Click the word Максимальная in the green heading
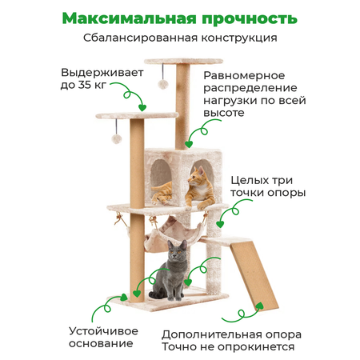[x=130, y=18]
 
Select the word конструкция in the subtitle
[x=239, y=38]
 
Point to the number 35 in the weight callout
[x=84, y=85]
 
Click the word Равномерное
[x=244, y=76]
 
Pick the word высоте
[x=224, y=113]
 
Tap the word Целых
[x=250, y=181]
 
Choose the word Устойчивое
[x=103, y=331]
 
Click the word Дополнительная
[x=211, y=335]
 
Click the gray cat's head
[x=178, y=250]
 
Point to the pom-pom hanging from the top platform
[x=163, y=84]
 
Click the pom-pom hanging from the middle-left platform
[x=117, y=139]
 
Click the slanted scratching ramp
[x=254, y=274]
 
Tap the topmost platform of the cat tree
[x=183, y=62]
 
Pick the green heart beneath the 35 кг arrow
[x=142, y=108]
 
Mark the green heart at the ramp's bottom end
[x=259, y=306]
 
